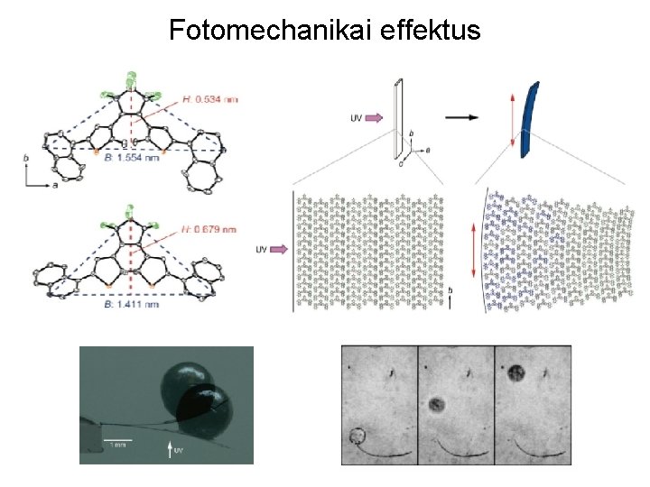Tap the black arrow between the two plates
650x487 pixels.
pyautogui.click(x=462, y=116)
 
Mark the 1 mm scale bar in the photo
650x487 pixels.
pyautogui.click(x=120, y=440)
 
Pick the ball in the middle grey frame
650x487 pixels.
pyautogui.click(x=439, y=405)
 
